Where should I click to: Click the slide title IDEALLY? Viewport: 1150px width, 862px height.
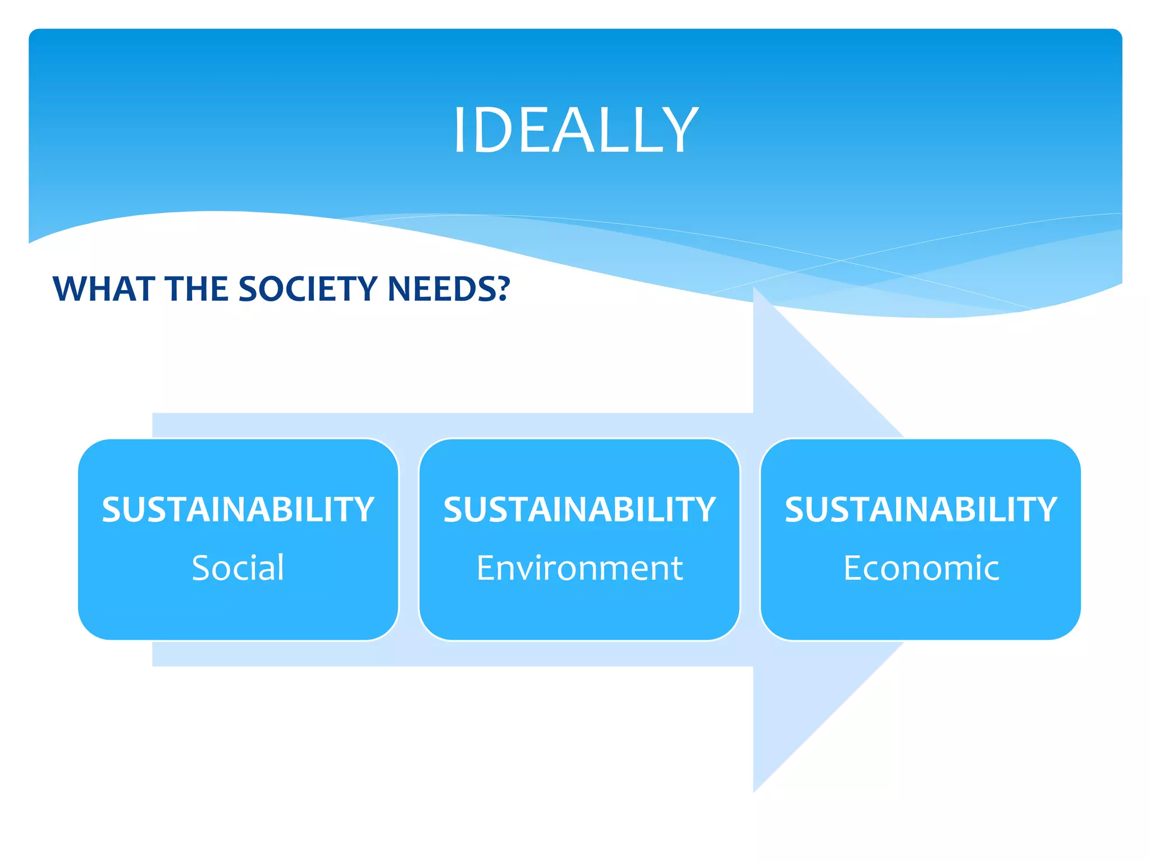click(576, 130)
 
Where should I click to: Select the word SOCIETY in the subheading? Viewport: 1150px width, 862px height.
click(308, 289)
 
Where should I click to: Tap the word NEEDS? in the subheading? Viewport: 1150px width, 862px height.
click(449, 289)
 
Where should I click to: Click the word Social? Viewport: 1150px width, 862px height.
click(238, 567)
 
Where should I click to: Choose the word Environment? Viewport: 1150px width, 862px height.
click(579, 567)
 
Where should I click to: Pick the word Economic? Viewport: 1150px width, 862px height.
click(921, 567)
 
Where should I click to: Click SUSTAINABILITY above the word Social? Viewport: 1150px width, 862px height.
click(238, 510)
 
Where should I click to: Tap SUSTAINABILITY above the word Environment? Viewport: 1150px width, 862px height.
click(579, 510)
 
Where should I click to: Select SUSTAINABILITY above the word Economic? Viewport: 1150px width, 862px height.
click(921, 510)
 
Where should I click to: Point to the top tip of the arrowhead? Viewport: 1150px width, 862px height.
click(754, 288)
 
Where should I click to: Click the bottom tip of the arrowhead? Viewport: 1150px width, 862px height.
click(754, 791)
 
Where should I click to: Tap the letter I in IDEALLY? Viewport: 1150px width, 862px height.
click(459, 130)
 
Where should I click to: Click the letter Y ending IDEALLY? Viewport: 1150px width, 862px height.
click(680, 130)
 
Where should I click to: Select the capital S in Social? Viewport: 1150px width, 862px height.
click(202, 567)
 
